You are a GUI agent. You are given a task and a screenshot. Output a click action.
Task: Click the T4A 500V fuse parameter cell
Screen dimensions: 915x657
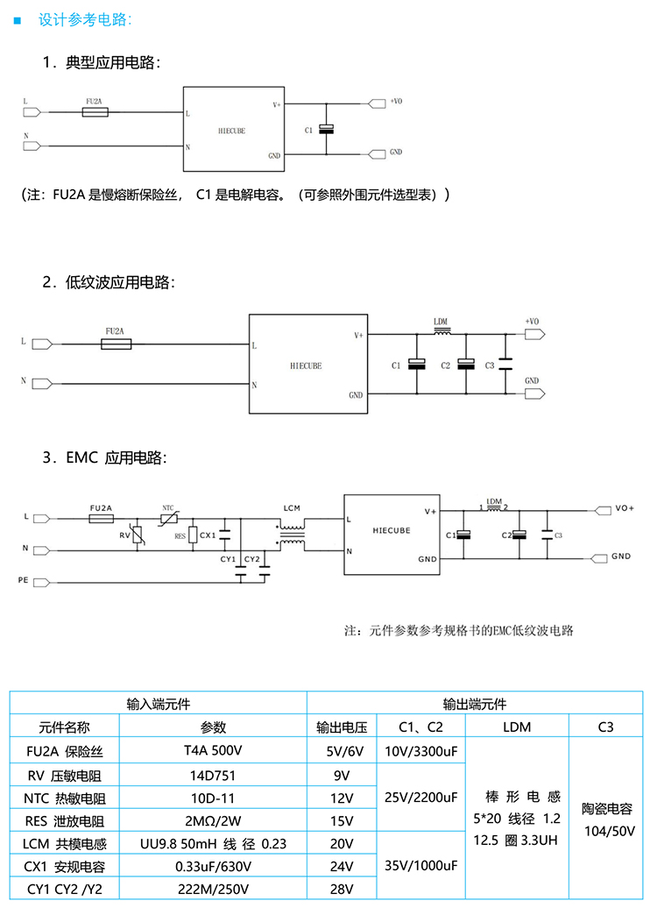click(213, 751)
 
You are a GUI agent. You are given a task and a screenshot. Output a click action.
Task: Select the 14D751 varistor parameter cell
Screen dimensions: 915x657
click(213, 775)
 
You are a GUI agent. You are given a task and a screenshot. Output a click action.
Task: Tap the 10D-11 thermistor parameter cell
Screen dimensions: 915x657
click(213, 798)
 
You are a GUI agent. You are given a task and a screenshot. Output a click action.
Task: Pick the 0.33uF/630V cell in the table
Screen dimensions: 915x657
click(213, 867)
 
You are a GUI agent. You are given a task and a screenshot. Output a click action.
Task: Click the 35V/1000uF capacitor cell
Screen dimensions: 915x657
click(420, 865)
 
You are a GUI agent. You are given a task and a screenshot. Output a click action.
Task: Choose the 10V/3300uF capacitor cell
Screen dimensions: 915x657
click(420, 751)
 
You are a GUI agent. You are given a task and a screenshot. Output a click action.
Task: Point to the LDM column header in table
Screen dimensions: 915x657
click(517, 727)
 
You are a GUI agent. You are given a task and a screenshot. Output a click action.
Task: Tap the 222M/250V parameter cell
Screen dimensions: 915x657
click(213, 890)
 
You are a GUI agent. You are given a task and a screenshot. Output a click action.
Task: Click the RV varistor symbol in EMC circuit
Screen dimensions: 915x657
click(138, 535)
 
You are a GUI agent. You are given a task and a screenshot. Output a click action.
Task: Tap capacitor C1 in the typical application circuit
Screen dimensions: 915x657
click(327, 130)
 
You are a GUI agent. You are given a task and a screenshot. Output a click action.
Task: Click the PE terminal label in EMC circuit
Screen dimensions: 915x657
click(23, 580)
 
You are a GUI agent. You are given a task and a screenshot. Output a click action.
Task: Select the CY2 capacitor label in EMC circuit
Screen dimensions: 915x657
click(251, 558)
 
